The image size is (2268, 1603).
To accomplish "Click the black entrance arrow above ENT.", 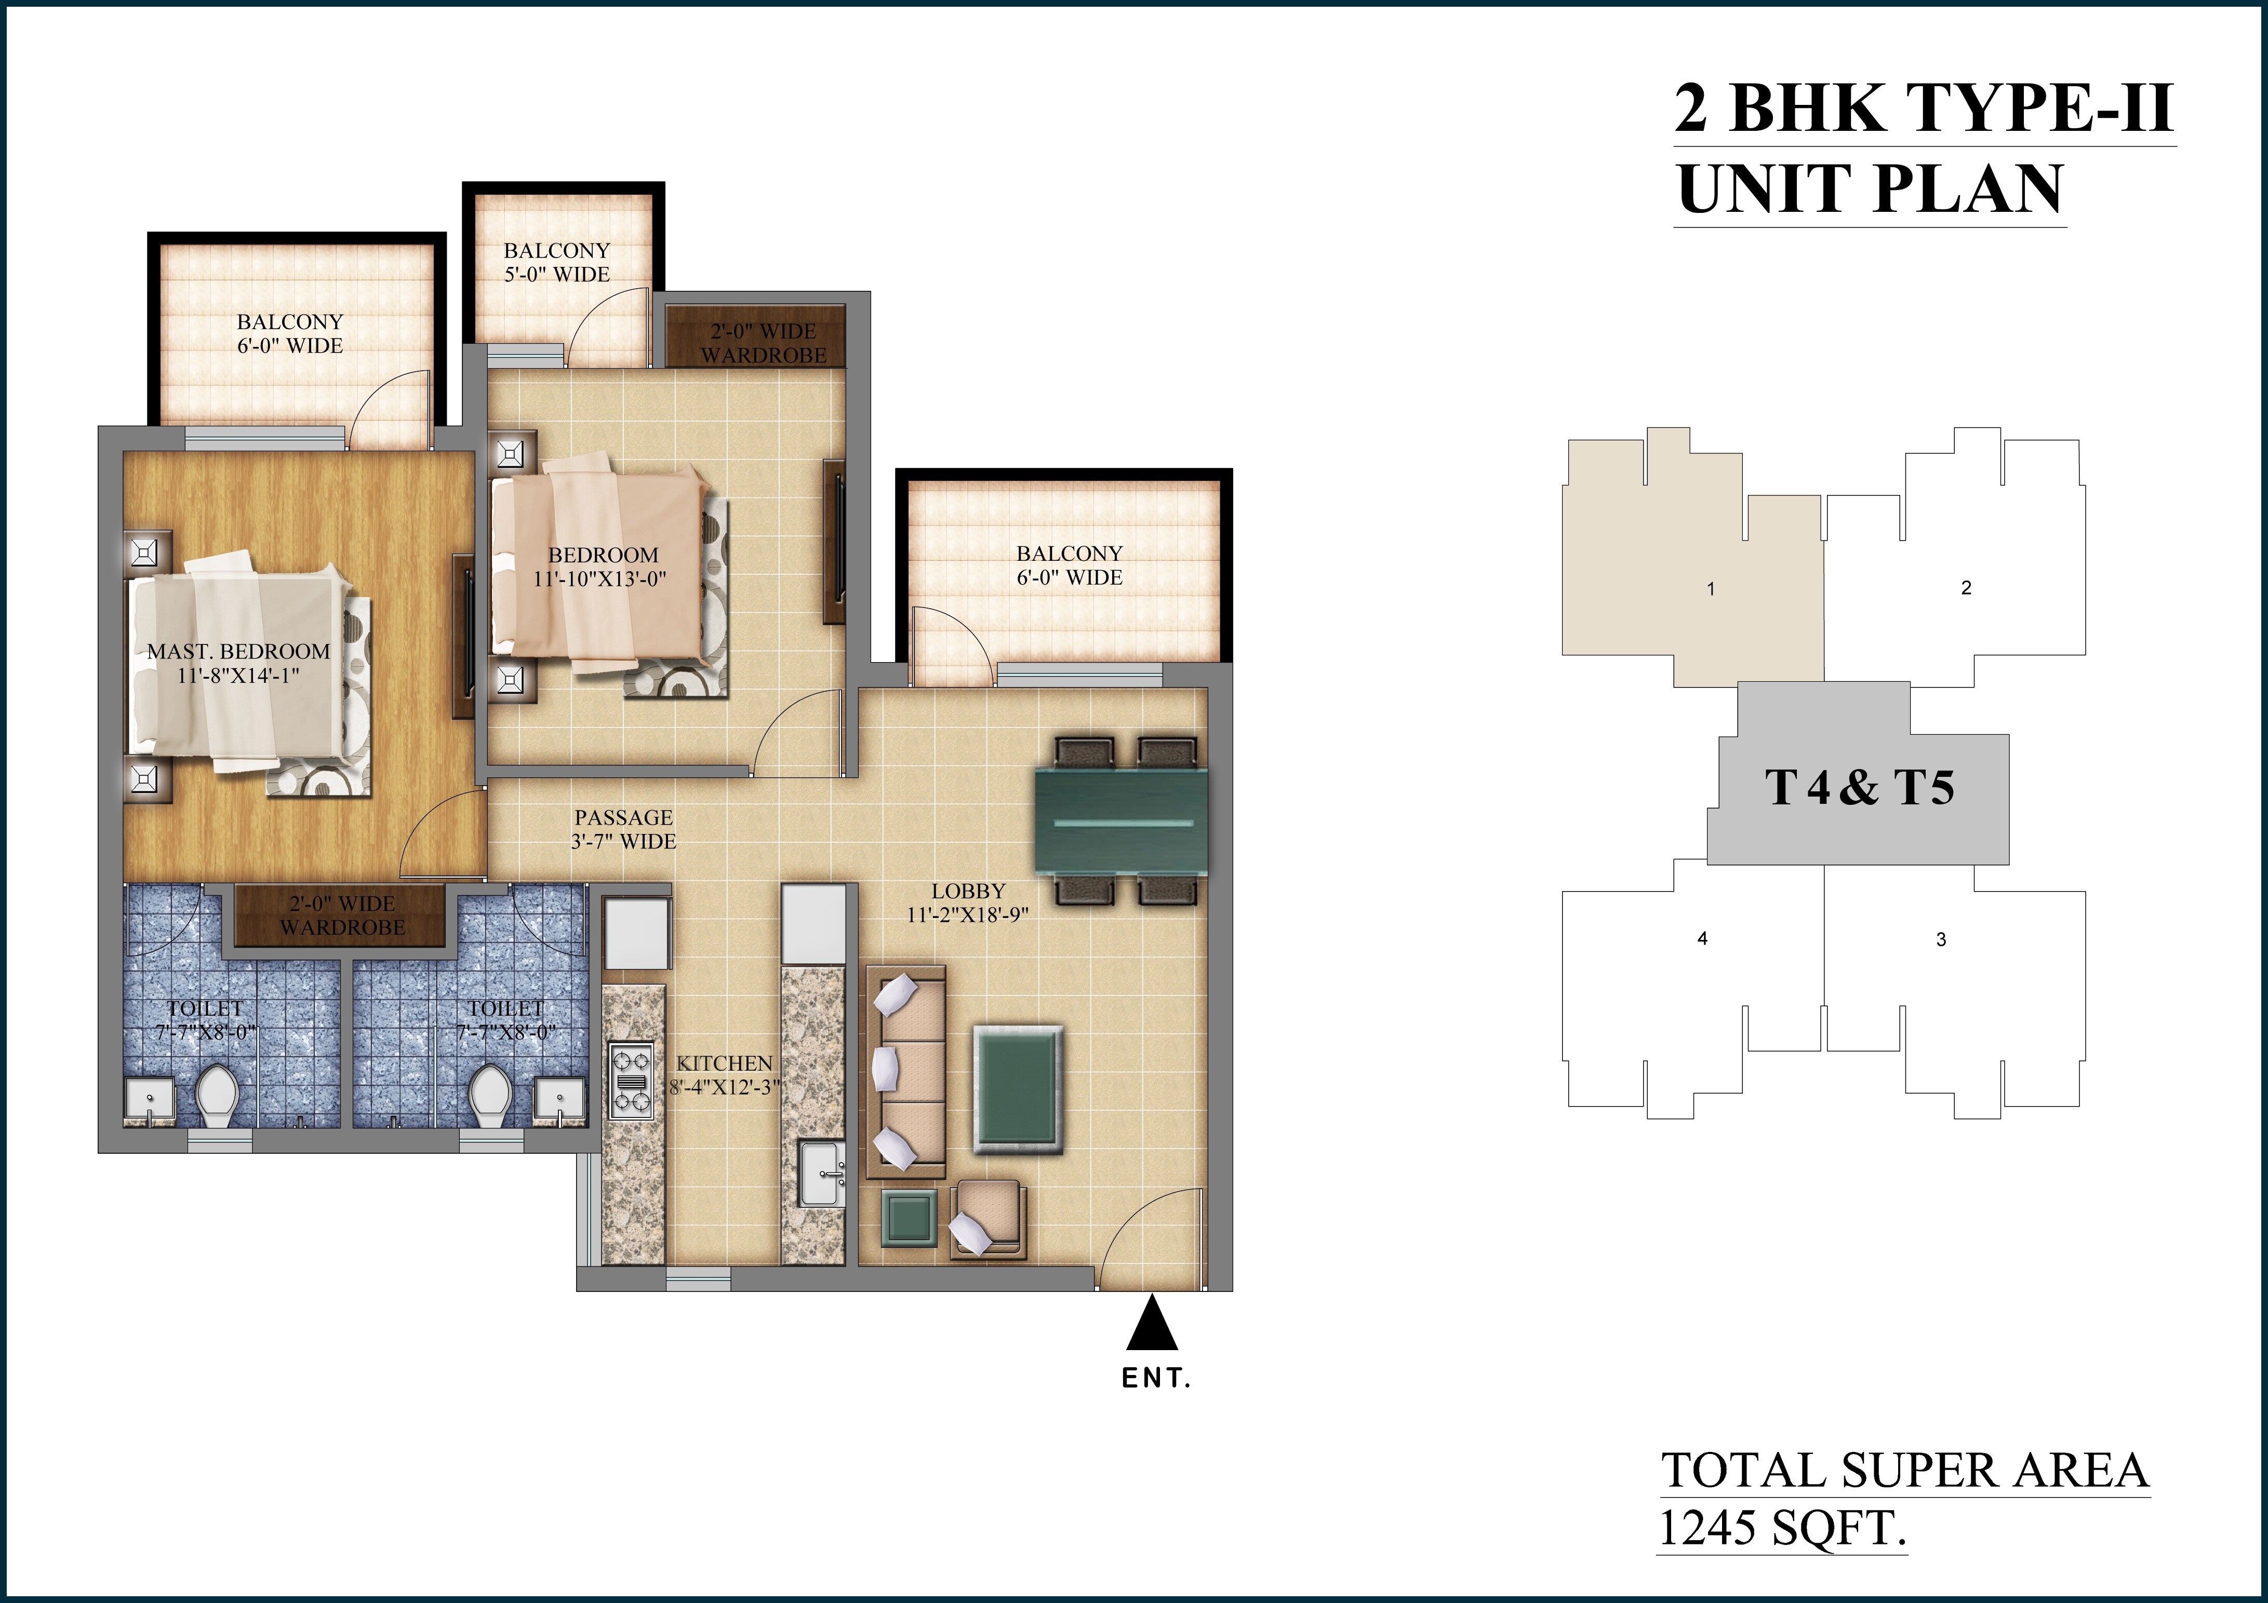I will [1152, 1326].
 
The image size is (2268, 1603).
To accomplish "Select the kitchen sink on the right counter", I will [822, 1174].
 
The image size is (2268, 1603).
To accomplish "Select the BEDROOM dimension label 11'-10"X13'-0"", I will [601, 579].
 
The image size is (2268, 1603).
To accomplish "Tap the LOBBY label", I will [968, 891].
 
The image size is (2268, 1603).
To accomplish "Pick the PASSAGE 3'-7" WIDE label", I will [623, 830].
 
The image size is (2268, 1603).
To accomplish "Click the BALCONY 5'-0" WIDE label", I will [557, 263].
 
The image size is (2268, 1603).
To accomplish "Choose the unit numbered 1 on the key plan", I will [1711, 590].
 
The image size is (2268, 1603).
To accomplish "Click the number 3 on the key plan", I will [1941, 939].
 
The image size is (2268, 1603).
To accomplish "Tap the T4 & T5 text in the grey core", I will [1859, 788].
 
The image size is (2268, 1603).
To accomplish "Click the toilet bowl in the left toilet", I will [216, 1094].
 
